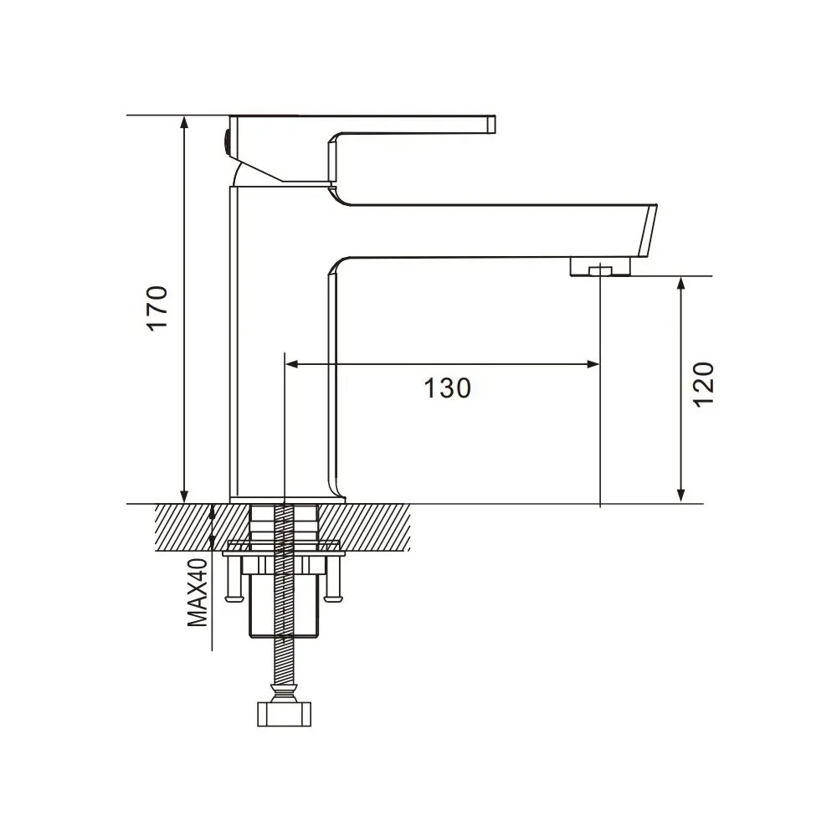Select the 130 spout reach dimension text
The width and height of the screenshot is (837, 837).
446,388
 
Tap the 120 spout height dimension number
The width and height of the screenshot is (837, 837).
704,384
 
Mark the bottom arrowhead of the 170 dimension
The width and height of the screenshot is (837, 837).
184,496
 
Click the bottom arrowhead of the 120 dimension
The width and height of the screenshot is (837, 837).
682,495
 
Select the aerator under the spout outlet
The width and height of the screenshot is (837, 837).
599,268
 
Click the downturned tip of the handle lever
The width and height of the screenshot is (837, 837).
491,125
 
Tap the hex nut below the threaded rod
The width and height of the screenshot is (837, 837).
285,714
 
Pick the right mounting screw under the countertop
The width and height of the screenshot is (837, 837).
335,581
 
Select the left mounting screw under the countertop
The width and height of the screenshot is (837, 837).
233,581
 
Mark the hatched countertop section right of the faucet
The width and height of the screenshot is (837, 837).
377,527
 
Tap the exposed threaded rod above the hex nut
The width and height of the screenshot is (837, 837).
285,661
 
